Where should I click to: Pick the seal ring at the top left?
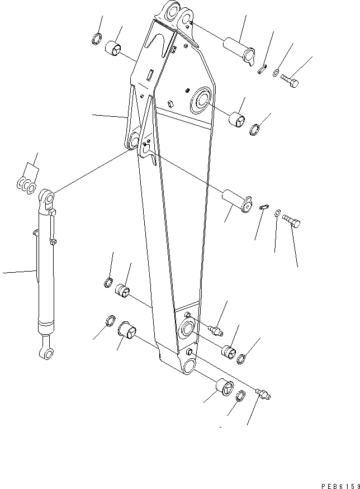96,40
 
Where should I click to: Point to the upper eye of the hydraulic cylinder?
47,197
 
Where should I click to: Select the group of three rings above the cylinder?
25,187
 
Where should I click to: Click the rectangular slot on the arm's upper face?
150,73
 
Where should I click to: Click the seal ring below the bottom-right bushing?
239,396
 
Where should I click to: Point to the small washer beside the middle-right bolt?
278,212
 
